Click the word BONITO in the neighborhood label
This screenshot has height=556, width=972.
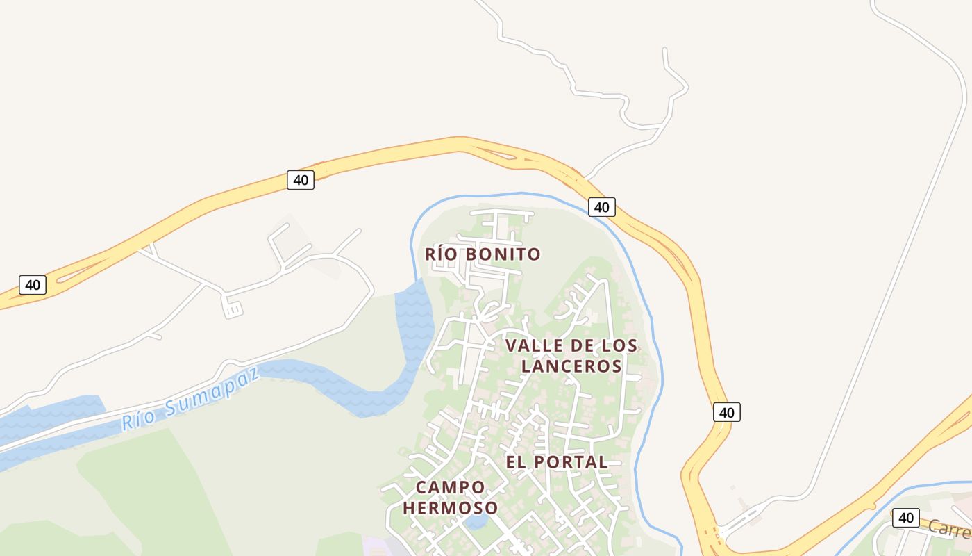(503, 254)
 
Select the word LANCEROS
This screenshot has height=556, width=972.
(571, 366)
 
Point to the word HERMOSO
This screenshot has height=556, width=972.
(450, 508)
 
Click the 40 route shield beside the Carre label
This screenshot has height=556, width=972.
(905, 518)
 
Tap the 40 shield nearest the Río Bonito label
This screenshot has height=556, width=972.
(601, 206)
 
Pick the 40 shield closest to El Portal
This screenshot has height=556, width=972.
(726, 412)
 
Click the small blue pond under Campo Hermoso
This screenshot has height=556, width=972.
(476, 522)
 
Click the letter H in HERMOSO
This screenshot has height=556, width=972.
(408, 508)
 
